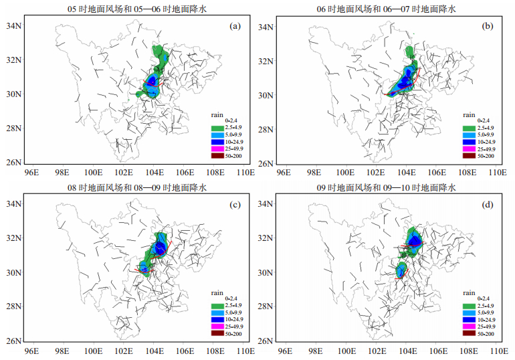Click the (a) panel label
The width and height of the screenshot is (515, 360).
(x=235, y=26)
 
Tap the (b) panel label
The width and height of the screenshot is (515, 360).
(x=488, y=26)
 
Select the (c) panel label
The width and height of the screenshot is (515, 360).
(x=235, y=205)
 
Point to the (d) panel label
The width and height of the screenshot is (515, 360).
(x=488, y=205)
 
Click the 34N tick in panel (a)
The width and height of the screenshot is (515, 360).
(x=13, y=25)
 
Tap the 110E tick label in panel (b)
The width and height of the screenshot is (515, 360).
(x=497, y=173)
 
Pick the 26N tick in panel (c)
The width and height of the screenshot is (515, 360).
(x=13, y=341)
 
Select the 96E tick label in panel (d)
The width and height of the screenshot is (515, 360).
(x=285, y=351)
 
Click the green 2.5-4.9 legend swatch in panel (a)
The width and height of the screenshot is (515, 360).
(x=217, y=128)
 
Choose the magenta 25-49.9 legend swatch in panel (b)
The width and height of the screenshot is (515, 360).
(x=470, y=149)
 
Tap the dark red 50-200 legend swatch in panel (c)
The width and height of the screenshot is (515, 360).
(x=217, y=333)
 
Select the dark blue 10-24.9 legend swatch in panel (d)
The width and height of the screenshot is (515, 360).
(x=470, y=320)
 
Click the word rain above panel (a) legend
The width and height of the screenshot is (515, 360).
(x=217, y=115)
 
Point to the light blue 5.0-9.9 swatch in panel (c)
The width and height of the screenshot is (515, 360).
(x=217, y=312)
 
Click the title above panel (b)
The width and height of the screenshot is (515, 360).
(x=387, y=9)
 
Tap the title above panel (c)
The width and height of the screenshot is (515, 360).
(x=137, y=187)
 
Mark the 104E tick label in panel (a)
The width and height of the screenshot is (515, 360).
(x=154, y=173)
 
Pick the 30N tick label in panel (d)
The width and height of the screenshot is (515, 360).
(x=266, y=272)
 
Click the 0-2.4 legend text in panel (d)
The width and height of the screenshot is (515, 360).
(x=484, y=298)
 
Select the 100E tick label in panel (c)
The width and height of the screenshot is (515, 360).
(x=93, y=351)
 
